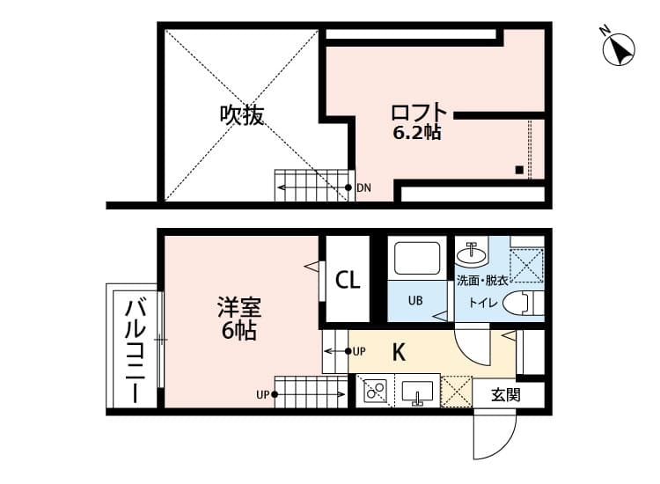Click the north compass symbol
[620, 48]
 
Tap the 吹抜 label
[241, 115]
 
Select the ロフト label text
[419, 114]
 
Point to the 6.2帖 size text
[417, 134]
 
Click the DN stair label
[363, 188]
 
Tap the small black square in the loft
[519, 170]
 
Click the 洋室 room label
[239, 309]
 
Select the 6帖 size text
[239, 332]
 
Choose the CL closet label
[348, 281]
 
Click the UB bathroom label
[414, 300]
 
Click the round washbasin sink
[471, 253]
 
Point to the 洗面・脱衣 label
[481, 281]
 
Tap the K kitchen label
[398, 352]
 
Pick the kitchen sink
[419, 391]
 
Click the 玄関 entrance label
[505, 394]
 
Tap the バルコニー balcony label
[136, 349]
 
